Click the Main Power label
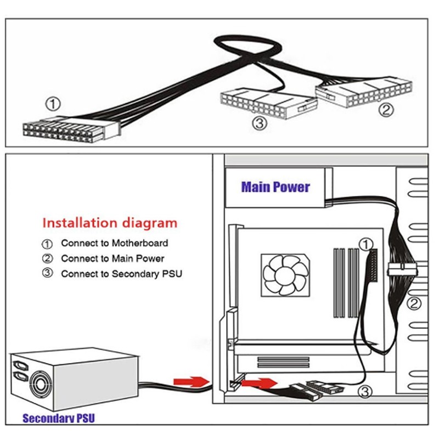(275, 187)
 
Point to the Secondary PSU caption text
(59, 418)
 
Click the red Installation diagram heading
(110, 223)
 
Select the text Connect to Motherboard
(114, 243)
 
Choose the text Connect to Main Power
(112, 258)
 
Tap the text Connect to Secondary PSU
(121, 273)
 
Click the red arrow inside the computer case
(258, 382)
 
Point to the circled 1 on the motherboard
(366, 244)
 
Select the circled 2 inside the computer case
(415, 303)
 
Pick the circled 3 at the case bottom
(366, 391)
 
